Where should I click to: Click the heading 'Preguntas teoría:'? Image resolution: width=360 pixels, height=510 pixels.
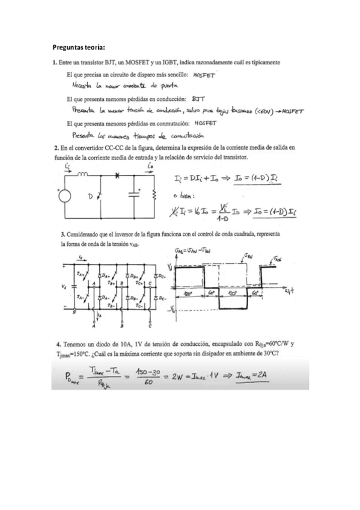78,46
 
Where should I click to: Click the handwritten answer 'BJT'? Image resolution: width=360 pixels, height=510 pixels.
198,98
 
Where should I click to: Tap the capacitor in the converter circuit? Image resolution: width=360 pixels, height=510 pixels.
132,195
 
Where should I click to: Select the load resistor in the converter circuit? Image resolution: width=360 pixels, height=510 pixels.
154,195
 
